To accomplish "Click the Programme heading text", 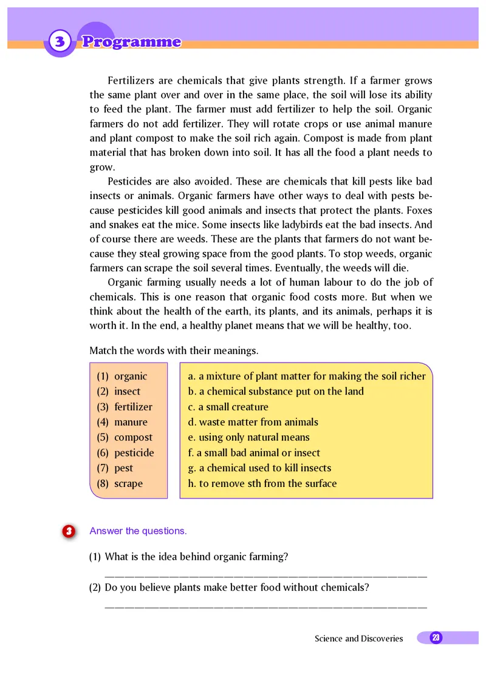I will (x=131, y=42).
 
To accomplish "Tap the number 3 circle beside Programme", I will (x=59, y=42).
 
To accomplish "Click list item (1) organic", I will (x=123, y=376).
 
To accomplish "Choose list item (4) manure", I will (x=123, y=422).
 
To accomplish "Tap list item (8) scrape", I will (x=120, y=484).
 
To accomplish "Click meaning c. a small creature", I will (x=228, y=407).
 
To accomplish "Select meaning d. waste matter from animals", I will (x=253, y=422).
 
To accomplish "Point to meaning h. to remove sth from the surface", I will (x=262, y=484).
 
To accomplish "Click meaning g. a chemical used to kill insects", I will (x=260, y=468).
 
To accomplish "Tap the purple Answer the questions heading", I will (x=138, y=531).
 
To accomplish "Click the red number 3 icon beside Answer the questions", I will (x=69, y=531).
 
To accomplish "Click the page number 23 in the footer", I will (x=436, y=637).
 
